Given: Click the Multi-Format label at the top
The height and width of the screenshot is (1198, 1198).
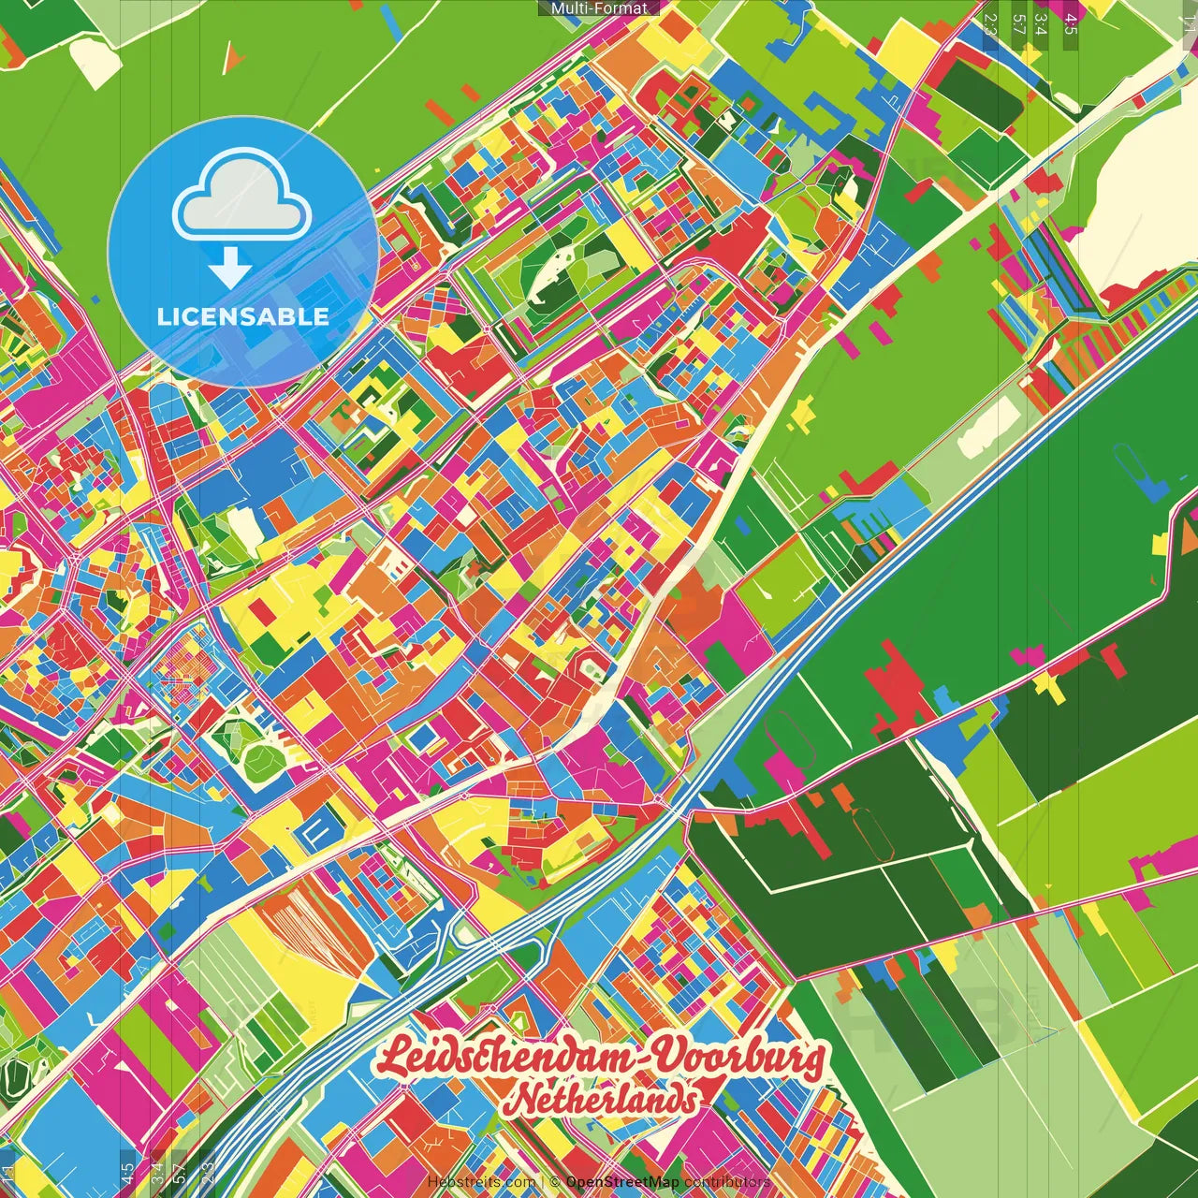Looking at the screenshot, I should (x=599, y=8).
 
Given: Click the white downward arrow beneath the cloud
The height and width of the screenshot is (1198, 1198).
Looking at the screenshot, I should (x=230, y=270).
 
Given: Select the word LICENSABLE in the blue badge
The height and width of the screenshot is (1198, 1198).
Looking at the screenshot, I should (x=243, y=316).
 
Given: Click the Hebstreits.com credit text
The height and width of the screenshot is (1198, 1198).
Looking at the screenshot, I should (x=481, y=1182).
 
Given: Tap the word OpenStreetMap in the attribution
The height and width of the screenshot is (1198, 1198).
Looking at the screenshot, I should (x=622, y=1182).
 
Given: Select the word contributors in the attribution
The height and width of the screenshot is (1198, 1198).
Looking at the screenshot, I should (x=727, y=1182).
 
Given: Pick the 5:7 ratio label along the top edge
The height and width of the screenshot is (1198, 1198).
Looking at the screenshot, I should (x=1018, y=24).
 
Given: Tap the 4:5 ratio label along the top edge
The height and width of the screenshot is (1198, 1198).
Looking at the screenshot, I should (x=1071, y=24).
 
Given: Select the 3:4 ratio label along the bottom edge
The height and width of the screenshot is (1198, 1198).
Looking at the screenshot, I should (x=157, y=1172).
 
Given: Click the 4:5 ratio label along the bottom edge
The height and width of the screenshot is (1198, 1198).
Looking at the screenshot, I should (x=127, y=1172).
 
